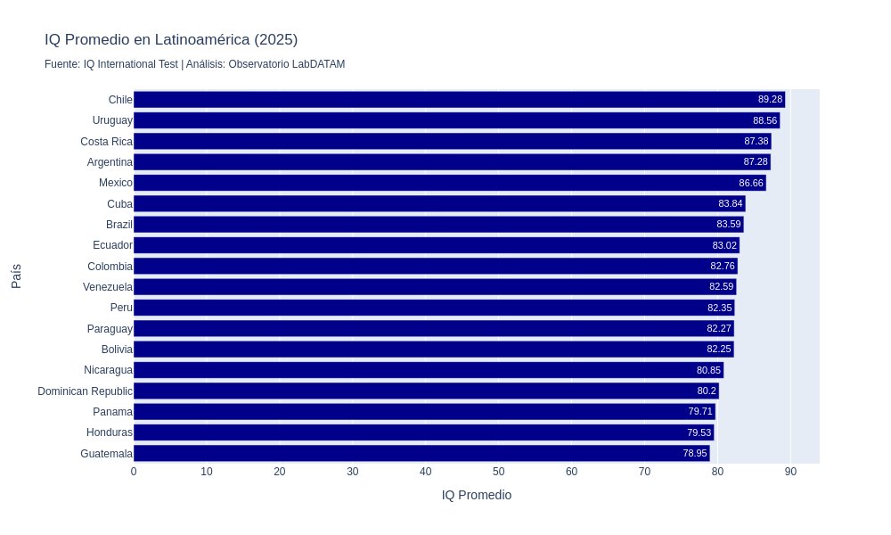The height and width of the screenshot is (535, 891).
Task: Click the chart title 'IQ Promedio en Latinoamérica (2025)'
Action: click(x=171, y=40)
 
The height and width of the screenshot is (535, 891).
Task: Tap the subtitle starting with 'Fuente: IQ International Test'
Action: click(x=194, y=64)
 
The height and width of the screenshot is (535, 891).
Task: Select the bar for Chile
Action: click(x=445, y=100)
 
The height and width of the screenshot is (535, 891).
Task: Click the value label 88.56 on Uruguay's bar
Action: click(x=764, y=120)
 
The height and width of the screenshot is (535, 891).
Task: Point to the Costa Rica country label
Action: click(x=106, y=141)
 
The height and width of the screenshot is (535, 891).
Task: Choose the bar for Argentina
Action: click(x=445, y=162)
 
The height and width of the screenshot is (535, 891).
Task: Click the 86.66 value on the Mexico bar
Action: click(x=751, y=183)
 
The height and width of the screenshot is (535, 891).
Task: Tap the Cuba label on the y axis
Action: click(x=119, y=204)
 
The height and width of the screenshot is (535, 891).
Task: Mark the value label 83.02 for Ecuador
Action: click(x=724, y=245)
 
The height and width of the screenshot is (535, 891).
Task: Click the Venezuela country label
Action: click(x=108, y=287)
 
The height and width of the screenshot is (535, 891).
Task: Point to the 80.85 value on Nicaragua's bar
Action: click(x=708, y=370)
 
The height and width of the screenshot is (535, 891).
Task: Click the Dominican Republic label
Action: click(x=85, y=391)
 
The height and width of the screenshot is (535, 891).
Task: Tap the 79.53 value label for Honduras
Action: click(x=699, y=432)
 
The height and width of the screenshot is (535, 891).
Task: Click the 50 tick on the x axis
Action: click(x=499, y=472)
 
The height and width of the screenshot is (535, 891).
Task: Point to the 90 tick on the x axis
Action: click(x=790, y=472)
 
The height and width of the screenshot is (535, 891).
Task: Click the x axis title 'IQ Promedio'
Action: click(x=477, y=495)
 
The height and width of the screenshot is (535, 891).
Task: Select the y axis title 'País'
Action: click(x=16, y=276)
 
